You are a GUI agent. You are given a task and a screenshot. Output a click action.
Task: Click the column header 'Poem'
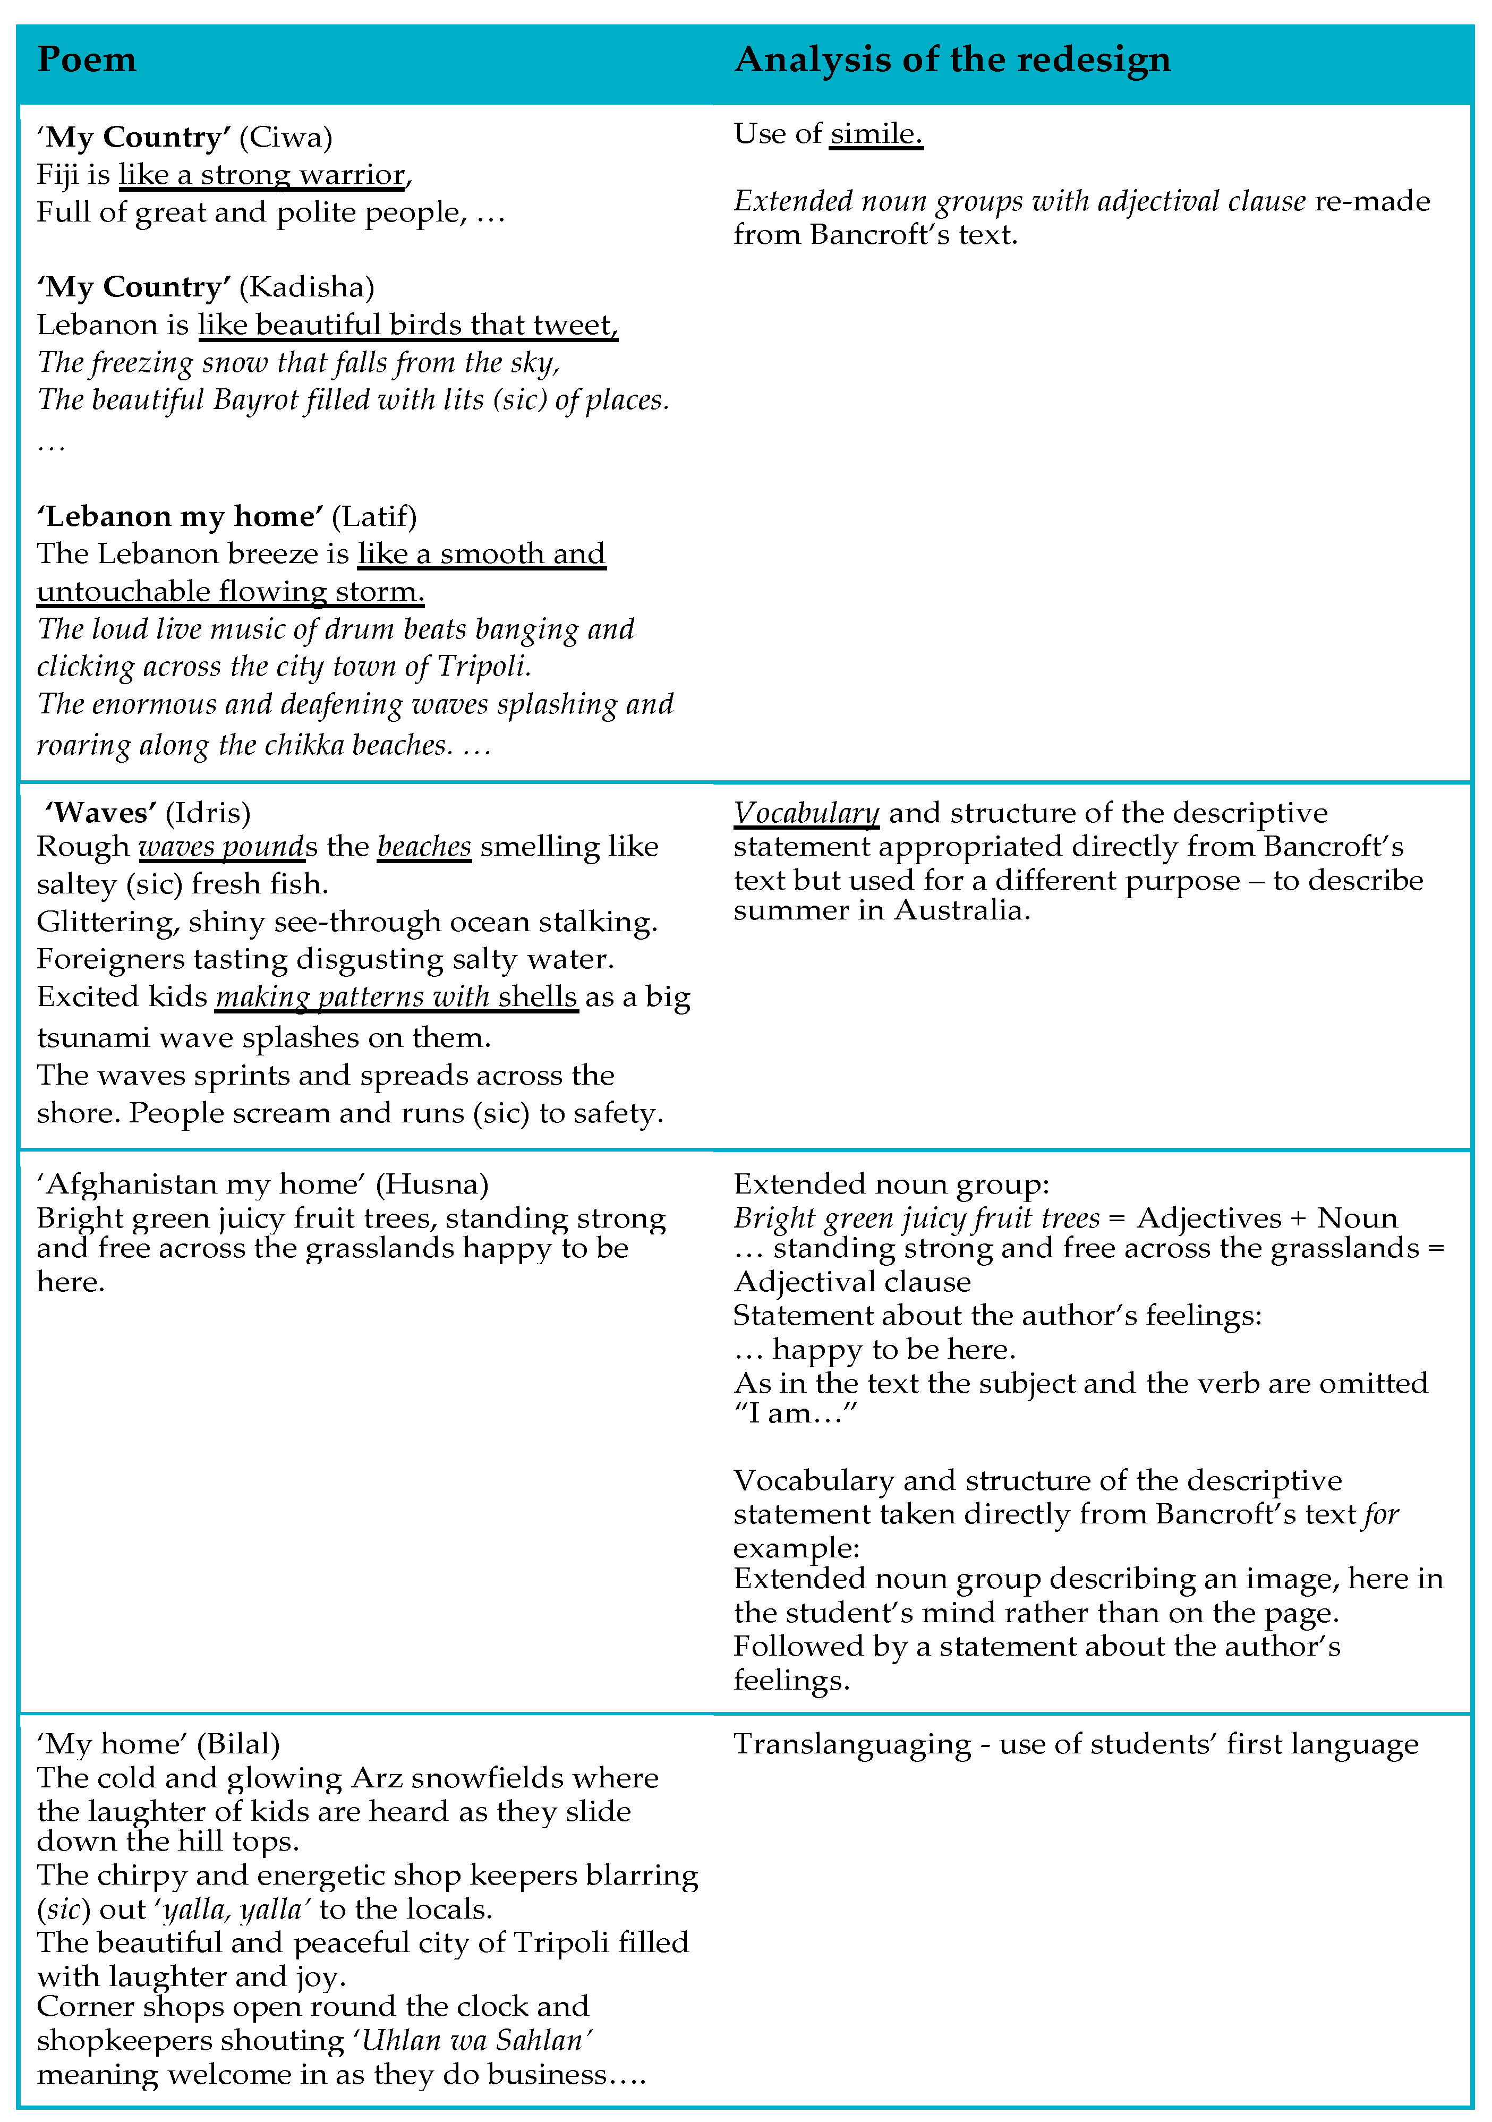[87, 60]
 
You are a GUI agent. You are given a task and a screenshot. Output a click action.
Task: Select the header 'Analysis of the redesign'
[952, 60]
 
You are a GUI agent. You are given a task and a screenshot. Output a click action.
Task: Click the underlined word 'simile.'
[875, 134]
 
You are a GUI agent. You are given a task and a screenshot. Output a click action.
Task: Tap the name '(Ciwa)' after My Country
[286, 137]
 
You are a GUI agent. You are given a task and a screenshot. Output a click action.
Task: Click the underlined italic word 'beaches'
[424, 847]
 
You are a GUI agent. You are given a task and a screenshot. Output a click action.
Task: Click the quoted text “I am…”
[796, 1413]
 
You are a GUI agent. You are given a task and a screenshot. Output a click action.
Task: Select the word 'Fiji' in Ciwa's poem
[57, 175]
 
